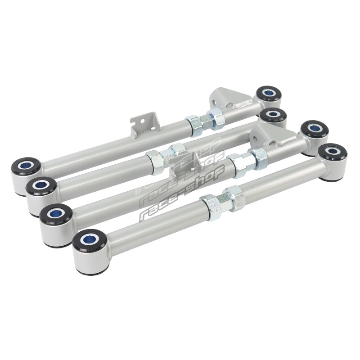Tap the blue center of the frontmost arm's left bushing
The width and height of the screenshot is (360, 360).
coord(89,240)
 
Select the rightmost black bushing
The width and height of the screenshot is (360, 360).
coord(333,151)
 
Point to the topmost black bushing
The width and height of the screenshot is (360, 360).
coord(268,93)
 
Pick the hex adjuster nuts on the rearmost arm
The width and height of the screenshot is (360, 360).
coord(204,121)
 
